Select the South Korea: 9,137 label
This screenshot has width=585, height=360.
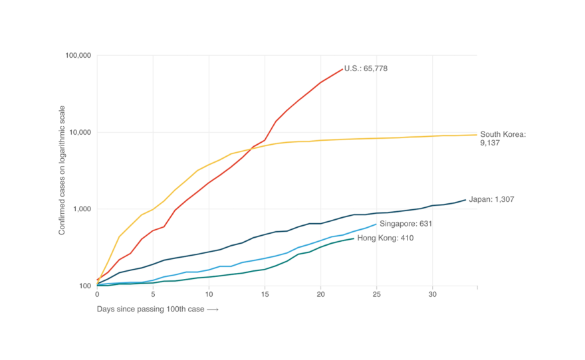coord(503,138)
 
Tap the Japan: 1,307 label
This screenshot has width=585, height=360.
coord(491,199)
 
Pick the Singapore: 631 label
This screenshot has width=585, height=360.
coord(406,224)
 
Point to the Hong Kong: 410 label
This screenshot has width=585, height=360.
coord(386,238)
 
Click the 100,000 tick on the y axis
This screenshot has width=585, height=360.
coord(78,56)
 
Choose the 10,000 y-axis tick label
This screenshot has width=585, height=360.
coord(80,132)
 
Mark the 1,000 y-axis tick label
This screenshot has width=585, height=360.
coord(82,209)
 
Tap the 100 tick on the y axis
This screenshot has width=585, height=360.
coord(84,286)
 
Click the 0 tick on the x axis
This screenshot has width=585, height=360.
coord(97,294)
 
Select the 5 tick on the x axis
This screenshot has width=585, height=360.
coord(153,294)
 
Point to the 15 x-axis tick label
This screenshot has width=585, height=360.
coord(265,294)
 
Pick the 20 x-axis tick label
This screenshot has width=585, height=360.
coord(320,294)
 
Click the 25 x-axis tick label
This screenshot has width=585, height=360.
coord(376,294)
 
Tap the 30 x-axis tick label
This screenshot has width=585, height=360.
coord(432,294)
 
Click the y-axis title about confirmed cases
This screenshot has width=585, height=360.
coord(62,170)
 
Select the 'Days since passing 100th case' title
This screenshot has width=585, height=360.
coord(158,310)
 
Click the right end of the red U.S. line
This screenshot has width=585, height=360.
coord(342,69)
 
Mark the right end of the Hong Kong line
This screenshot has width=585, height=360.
coord(354,238)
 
